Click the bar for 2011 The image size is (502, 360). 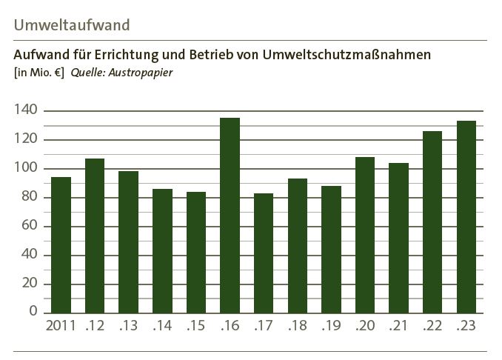(61, 244)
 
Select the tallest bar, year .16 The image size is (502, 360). (230, 215)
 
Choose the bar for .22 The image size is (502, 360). (432, 221)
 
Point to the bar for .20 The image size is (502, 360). (365, 235)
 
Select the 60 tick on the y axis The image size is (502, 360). (30, 227)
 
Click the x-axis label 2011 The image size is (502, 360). (61, 326)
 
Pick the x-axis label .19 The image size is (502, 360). (331, 326)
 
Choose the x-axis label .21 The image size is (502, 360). (398, 326)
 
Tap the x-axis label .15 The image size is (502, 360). (195, 326)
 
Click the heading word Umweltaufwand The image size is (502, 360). (72, 24)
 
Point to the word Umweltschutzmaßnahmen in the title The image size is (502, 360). (347, 56)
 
